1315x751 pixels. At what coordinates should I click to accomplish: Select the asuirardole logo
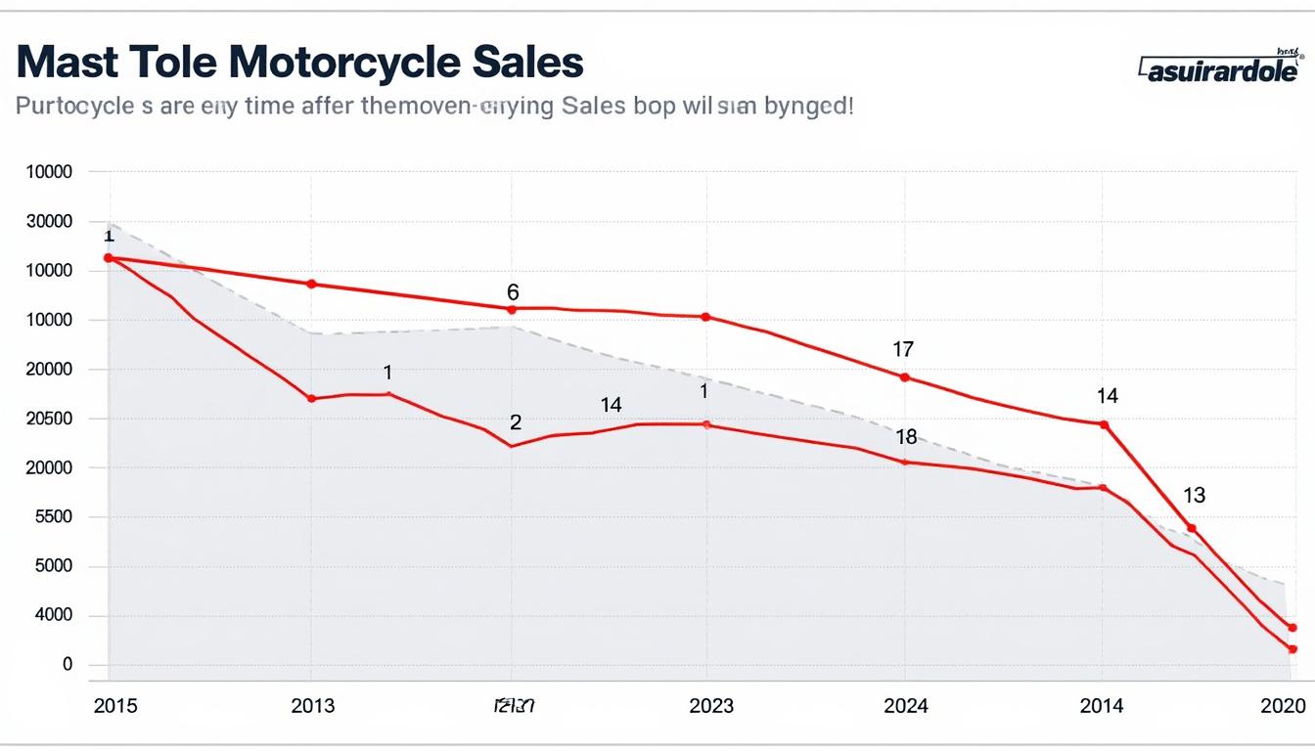(1218, 69)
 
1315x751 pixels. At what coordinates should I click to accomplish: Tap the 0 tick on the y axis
(68, 665)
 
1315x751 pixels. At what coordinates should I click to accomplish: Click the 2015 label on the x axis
(115, 706)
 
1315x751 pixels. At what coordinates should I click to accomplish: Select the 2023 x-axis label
(710, 706)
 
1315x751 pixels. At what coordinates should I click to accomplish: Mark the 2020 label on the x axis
(1283, 706)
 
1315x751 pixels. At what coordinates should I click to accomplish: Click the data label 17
(903, 349)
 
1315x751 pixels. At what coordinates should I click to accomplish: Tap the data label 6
(513, 292)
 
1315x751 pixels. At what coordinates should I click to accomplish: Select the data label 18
(906, 437)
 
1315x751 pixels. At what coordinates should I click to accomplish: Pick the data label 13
(1194, 496)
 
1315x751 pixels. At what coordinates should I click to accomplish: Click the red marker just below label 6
(511, 309)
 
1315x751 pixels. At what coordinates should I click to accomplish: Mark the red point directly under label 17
(904, 377)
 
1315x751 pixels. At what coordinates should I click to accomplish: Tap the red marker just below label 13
(1191, 528)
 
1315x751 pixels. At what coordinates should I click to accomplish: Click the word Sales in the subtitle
(593, 106)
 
